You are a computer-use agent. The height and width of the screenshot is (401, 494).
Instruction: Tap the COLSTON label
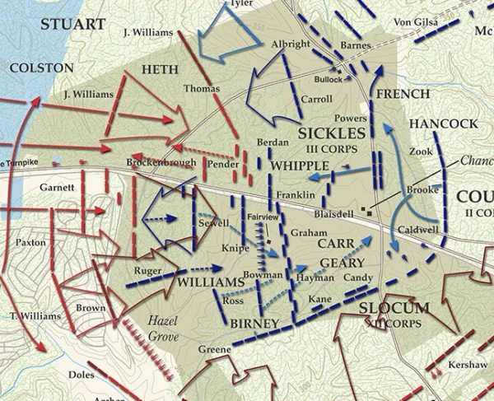pyautogui.click(x=41, y=66)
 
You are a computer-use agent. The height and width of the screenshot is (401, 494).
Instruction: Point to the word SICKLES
pyautogui.click(x=332, y=133)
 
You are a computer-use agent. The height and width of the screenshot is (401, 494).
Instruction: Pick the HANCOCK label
pyautogui.click(x=443, y=123)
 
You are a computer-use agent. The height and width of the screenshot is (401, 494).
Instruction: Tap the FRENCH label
pyautogui.click(x=403, y=94)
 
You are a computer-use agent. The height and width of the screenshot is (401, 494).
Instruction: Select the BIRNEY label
pyautogui.click(x=255, y=324)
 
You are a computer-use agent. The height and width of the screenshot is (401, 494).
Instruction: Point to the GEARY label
pyautogui.click(x=336, y=262)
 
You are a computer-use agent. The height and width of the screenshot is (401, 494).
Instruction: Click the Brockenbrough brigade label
pyautogui.click(x=161, y=163)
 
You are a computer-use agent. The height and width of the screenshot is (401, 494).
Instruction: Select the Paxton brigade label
pyautogui.click(x=31, y=243)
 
